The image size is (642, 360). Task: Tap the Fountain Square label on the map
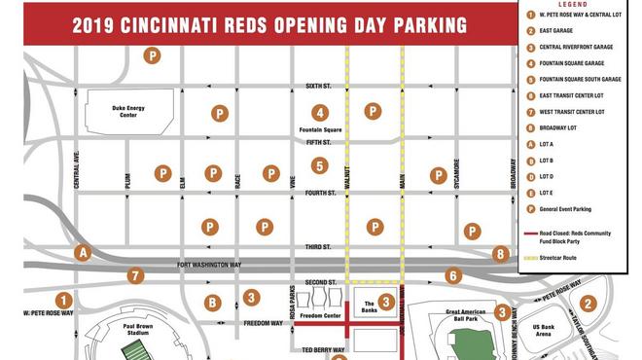point(320,129)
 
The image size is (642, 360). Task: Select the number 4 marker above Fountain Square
point(320,113)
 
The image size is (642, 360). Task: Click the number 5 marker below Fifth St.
point(320,166)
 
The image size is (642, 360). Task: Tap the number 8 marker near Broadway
point(501,254)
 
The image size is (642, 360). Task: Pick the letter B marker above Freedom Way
point(212,303)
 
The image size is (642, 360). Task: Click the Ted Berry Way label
point(321,347)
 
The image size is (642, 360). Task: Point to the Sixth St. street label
point(319,87)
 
